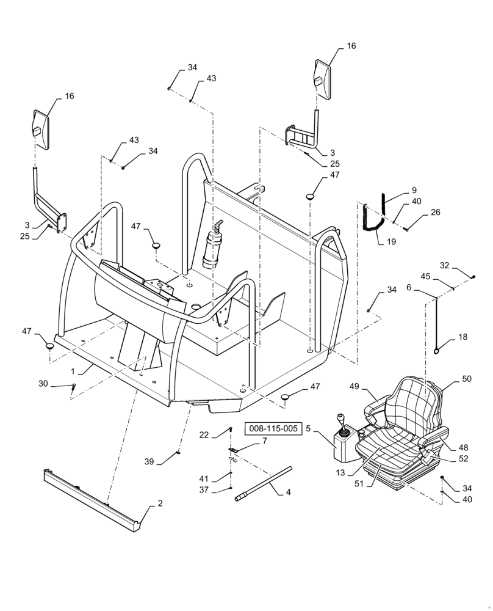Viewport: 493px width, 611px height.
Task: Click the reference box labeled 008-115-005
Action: pyautogui.click(x=274, y=429)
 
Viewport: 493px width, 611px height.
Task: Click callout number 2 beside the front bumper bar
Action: pyautogui.click(x=160, y=504)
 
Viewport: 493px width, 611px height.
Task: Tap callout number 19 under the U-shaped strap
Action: pyautogui.click(x=391, y=241)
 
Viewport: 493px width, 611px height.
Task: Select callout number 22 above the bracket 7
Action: pyautogui.click(x=204, y=434)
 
